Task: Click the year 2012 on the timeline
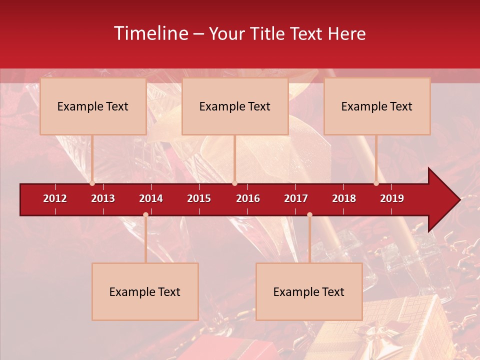[x=55, y=198]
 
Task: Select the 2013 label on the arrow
[x=103, y=198]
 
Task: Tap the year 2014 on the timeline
[x=151, y=198]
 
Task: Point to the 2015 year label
[x=199, y=198]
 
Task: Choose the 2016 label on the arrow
[x=248, y=198]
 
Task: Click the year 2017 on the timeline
[x=296, y=198]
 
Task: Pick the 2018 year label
[x=344, y=198]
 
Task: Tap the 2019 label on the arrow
[x=392, y=198]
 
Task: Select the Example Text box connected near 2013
[x=93, y=106]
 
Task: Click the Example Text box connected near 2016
[x=235, y=106]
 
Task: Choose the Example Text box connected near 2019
[x=377, y=106]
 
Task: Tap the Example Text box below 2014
[x=145, y=291]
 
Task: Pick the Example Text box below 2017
[x=309, y=291]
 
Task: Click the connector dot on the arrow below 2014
[x=145, y=215]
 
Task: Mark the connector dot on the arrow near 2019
[x=376, y=183]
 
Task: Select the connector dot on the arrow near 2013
[x=92, y=183]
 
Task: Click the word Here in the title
[x=346, y=34]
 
